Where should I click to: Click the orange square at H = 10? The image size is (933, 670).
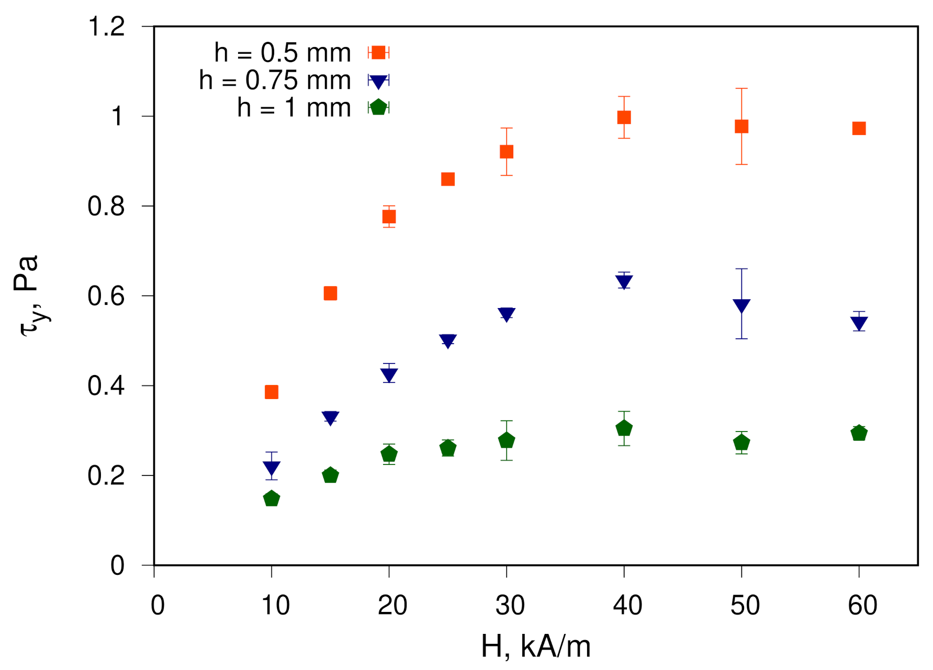(x=271, y=392)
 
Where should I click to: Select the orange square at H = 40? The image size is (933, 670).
(x=624, y=117)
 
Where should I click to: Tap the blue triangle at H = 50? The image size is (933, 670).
(x=741, y=305)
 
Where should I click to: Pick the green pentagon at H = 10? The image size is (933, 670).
(x=271, y=498)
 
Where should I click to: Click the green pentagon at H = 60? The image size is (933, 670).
(x=859, y=433)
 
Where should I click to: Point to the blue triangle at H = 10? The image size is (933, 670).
(x=271, y=467)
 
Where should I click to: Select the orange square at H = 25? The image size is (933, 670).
(x=447, y=179)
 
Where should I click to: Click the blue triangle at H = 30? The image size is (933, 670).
(x=506, y=314)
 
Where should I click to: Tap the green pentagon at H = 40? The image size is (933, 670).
(x=624, y=428)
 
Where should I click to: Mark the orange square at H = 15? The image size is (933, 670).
(x=330, y=293)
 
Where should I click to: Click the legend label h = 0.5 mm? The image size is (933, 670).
(x=282, y=53)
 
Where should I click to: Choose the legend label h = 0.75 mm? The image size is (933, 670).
(x=275, y=81)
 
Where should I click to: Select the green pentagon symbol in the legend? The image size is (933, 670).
(x=378, y=108)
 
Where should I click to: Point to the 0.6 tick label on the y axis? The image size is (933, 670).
(x=106, y=296)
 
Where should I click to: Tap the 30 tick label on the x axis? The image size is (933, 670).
(x=510, y=605)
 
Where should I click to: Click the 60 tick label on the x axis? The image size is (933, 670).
(x=862, y=605)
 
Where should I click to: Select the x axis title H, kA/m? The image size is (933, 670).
(x=535, y=646)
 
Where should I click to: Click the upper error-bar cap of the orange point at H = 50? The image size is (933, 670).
(x=741, y=88)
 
